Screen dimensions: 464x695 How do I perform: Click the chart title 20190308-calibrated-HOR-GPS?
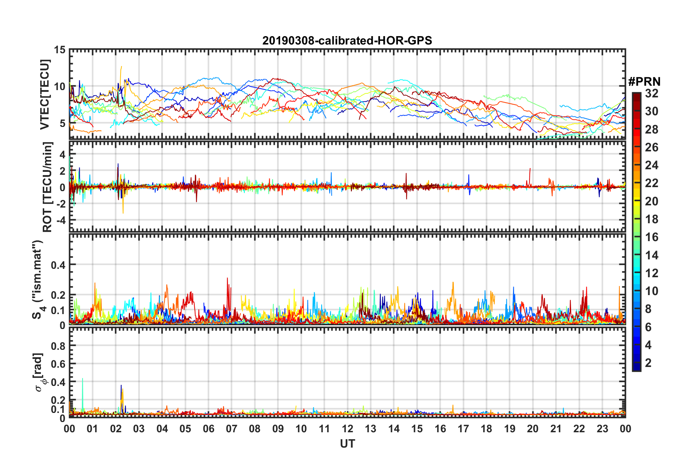coord(347,40)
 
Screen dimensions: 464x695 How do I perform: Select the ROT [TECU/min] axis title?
coord(48,187)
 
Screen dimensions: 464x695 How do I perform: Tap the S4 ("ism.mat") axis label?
coord(38,279)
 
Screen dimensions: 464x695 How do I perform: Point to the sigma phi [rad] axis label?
coord(39,372)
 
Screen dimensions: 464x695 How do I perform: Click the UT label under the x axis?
coord(347,444)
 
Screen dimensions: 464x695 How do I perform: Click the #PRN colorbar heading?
coord(644,82)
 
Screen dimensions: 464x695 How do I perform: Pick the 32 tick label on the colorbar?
coord(652,94)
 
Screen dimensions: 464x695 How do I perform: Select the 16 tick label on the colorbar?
coord(652,237)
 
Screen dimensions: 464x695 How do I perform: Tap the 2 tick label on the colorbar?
coord(648,363)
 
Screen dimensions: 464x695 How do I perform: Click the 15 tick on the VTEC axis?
coord(60,50)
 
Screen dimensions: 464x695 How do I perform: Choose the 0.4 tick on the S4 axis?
coord(58,265)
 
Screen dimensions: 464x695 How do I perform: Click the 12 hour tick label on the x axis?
coord(347,429)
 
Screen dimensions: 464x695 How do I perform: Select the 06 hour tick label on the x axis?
coord(209,429)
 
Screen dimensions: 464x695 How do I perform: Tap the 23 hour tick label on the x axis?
coord(602,429)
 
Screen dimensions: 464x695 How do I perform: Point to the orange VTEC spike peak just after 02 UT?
coord(121,67)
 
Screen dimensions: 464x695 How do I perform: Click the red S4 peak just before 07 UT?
coord(227,279)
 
